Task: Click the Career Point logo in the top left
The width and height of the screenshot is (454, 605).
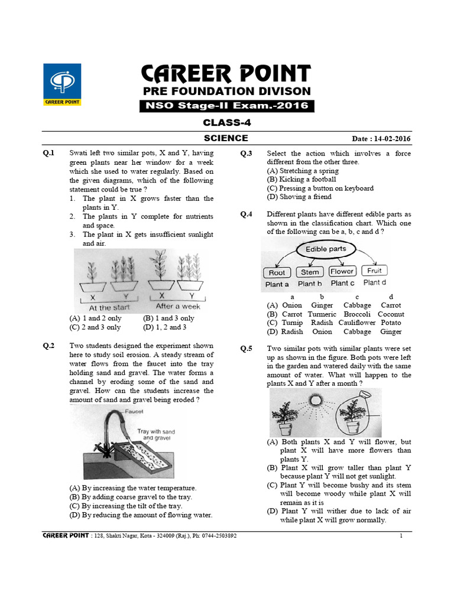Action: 63,84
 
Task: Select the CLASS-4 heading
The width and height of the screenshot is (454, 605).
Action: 226,123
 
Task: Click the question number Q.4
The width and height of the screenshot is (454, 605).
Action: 246,214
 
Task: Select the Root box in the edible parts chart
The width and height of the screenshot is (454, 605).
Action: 277,272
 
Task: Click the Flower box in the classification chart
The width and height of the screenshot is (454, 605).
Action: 342,272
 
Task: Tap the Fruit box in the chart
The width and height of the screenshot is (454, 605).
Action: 374,271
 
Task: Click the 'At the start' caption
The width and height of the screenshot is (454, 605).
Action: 109,307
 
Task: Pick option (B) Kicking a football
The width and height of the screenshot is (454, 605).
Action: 301,179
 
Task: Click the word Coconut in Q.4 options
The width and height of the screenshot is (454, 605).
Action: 391,314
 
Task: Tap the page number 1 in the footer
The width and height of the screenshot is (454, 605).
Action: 401,536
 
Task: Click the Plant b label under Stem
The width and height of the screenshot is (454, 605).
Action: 310,284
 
